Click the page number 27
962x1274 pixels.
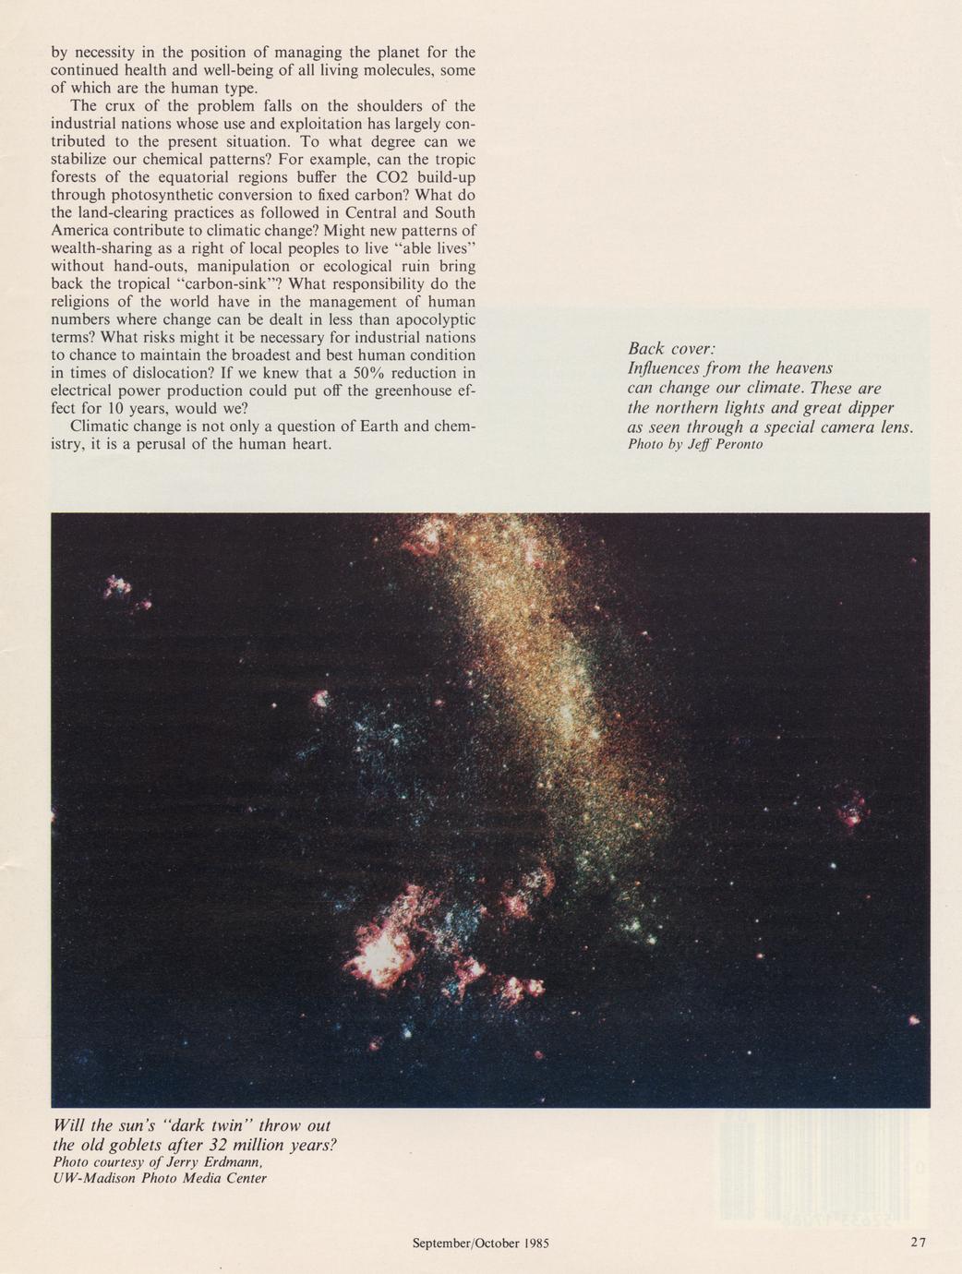coord(917,1243)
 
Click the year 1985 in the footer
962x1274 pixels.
coord(536,1244)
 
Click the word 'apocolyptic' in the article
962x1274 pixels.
coord(433,319)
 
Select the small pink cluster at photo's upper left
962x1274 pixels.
coord(118,588)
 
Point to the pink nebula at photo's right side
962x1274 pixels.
coord(850,809)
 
